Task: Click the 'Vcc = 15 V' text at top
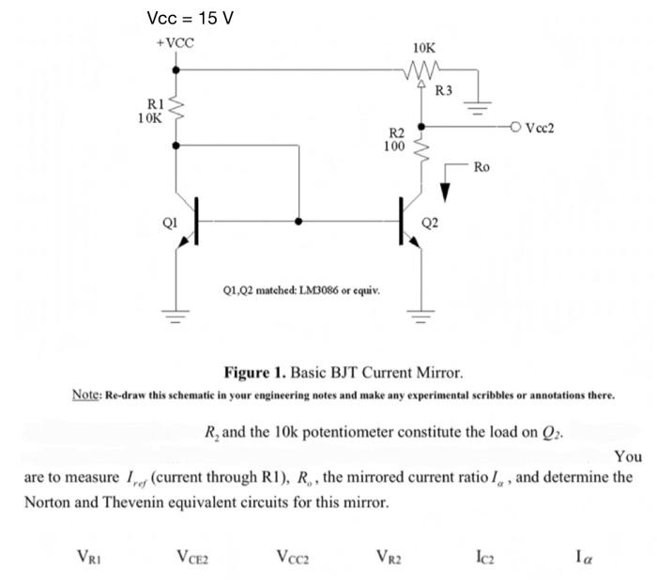click(x=191, y=18)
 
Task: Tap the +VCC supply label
click(x=175, y=44)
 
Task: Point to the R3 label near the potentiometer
click(x=444, y=90)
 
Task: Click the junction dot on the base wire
click(x=299, y=222)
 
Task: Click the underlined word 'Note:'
click(x=87, y=393)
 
